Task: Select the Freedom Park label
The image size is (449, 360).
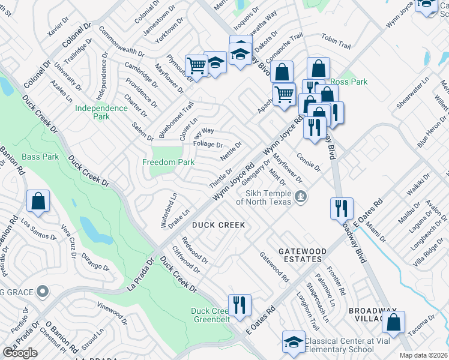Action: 168,162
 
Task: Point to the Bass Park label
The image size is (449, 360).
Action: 40,157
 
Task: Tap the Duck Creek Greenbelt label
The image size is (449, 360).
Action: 209,315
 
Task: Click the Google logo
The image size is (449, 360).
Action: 20,353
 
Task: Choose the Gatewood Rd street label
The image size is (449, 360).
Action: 274,266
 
